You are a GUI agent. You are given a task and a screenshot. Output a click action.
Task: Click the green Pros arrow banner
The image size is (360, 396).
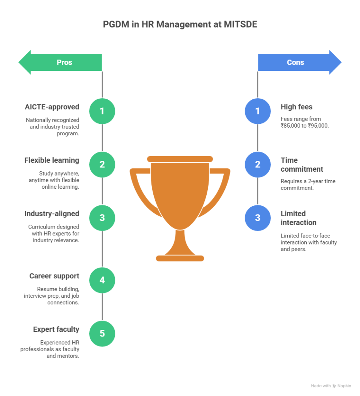[62, 62]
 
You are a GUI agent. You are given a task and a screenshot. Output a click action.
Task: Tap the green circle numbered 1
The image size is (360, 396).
[102, 111]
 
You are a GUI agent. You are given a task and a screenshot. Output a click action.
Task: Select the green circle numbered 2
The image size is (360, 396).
[102, 164]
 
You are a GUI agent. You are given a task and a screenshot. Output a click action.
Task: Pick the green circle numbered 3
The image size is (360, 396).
[102, 218]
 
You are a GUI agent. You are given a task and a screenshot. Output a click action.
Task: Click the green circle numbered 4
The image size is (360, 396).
[102, 280]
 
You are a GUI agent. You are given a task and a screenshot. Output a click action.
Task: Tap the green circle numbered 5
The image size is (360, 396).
[102, 333]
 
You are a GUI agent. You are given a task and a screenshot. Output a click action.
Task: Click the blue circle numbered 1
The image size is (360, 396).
[258, 111]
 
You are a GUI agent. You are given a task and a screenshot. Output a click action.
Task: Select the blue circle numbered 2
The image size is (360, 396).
[258, 164]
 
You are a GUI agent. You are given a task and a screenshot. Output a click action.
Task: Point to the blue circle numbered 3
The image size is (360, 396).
[258, 218]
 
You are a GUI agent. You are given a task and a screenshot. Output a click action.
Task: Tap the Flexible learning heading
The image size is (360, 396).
[52, 160]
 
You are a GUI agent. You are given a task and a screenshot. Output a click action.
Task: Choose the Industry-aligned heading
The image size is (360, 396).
[52, 213]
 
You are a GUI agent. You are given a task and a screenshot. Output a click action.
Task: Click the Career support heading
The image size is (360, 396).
[54, 276]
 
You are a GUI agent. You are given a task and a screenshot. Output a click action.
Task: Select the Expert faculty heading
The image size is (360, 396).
[56, 329]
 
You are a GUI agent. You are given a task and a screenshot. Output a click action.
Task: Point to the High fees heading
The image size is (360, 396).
[297, 107]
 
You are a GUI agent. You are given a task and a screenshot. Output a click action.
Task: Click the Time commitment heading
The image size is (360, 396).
[302, 165]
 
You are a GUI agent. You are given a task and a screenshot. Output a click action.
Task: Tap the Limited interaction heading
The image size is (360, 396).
[298, 218]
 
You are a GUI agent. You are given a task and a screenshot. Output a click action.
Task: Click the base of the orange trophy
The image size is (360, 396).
[180, 258]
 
